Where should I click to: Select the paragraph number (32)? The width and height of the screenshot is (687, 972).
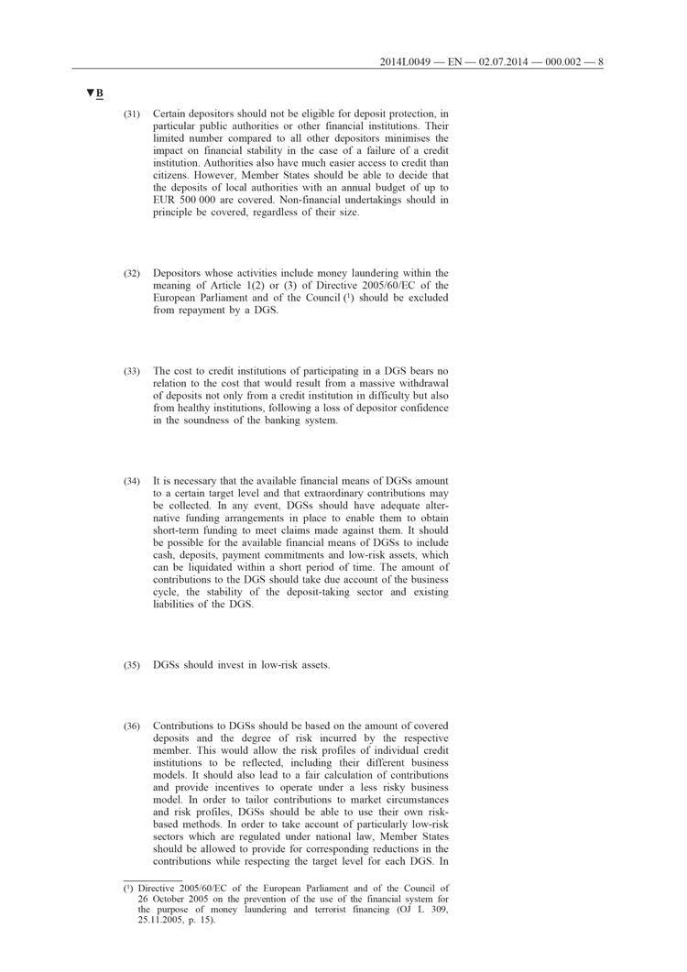(132, 273)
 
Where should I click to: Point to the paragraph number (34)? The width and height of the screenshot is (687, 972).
(132, 481)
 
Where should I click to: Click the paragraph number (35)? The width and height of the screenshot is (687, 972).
(132, 665)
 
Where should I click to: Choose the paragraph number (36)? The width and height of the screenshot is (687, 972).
(132, 726)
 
